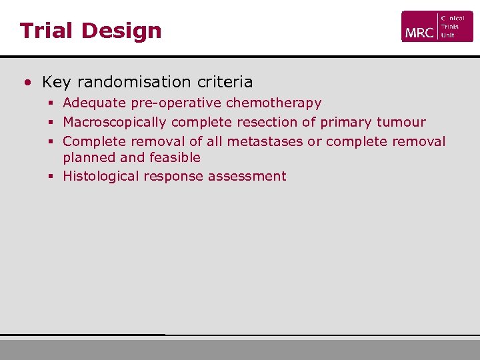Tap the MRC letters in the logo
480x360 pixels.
pos(419,32)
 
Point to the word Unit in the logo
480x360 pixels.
pos(448,35)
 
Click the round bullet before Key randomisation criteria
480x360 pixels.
pos(27,83)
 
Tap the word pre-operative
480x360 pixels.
pos(169,103)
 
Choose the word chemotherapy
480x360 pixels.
pos(273,103)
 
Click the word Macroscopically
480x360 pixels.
pos(114,123)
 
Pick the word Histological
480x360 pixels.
pos(98,177)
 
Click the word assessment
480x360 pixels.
pos(247,177)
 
